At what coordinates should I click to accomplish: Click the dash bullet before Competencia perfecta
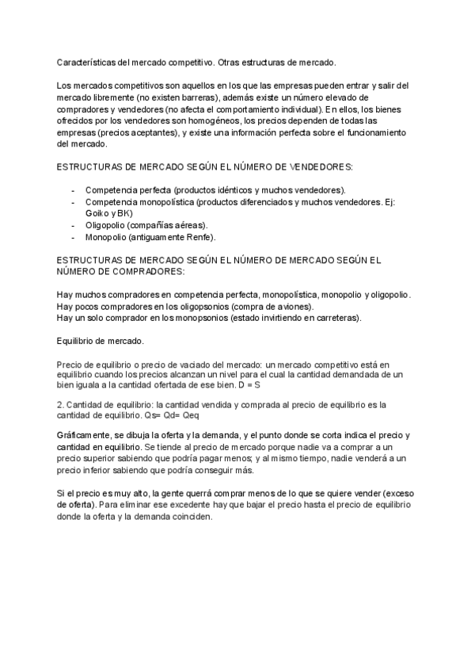(73, 191)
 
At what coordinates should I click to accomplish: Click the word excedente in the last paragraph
(209, 504)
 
